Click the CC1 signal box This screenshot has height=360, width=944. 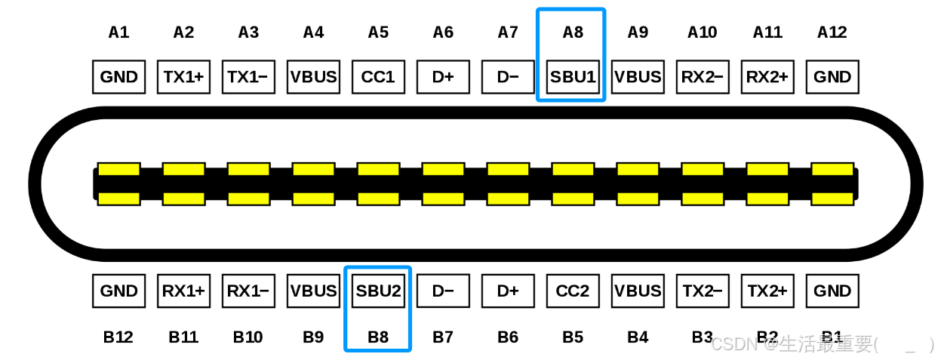click(378, 77)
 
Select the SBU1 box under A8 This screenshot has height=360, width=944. click(573, 77)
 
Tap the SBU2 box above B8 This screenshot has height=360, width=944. click(378, 291)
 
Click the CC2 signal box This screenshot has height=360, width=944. click(573, 291)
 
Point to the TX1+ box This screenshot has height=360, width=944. click(183, 77)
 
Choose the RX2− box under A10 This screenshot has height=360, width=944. click(703, 77)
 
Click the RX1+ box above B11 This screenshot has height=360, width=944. click(183, 291)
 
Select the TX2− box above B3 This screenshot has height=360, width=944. click(703, 291)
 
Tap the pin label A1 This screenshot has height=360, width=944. click(118, 32)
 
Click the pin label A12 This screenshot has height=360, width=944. click(832, 32)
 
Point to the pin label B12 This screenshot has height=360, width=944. click(118, 337)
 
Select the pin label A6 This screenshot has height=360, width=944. click(443, 32)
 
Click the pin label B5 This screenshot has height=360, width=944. click(573, 337)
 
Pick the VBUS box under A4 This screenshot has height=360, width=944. click(313, 77)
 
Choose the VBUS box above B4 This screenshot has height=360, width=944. click(638, 291)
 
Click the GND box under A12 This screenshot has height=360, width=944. click(832, 77)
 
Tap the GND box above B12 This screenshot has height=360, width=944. click(118, 291)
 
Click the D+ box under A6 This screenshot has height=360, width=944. click(443, 77)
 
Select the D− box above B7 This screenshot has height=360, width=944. click(443, 291)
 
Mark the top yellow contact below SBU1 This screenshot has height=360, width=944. click(573, 169)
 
